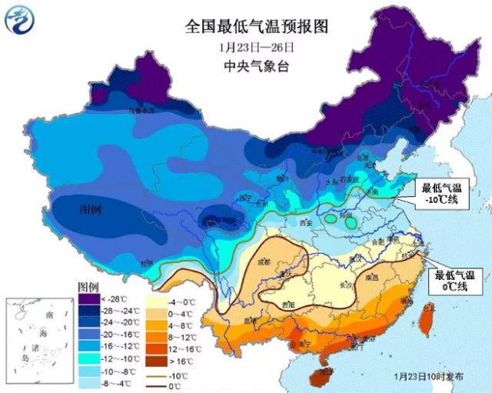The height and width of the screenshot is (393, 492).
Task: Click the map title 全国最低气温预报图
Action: pos(256,26)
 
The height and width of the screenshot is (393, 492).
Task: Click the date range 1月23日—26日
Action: pos(256,47)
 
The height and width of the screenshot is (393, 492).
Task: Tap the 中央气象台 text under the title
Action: pos(256,66)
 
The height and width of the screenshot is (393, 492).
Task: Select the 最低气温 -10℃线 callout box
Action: pos(439,194)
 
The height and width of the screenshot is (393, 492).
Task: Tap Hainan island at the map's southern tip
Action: pos(316,377)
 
